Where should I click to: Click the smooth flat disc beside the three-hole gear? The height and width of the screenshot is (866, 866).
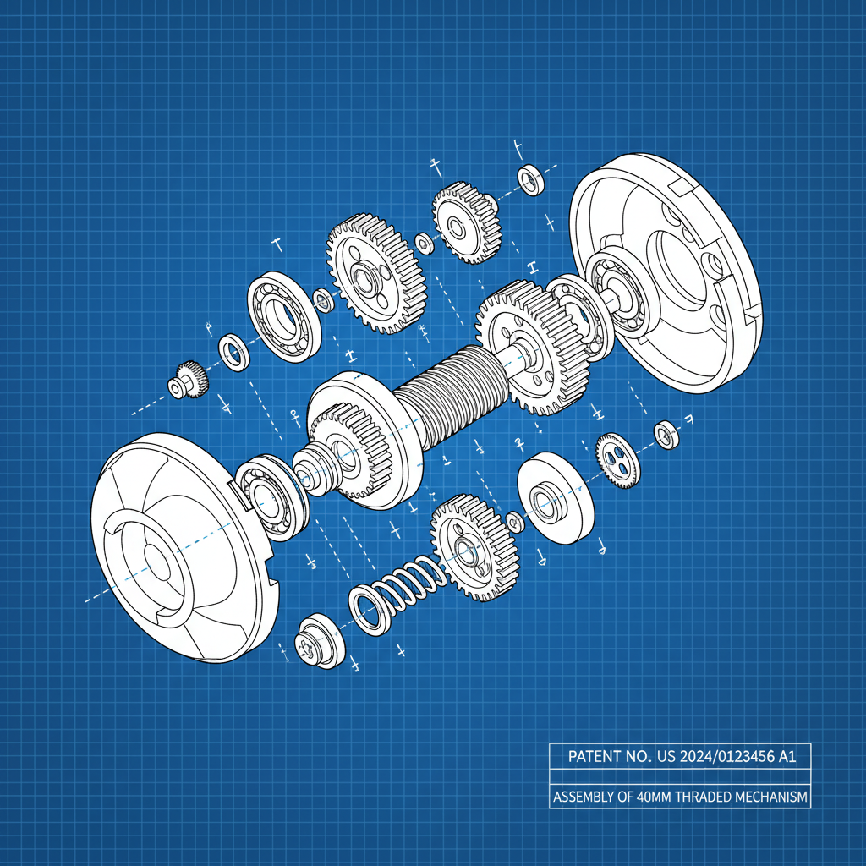[554, 498]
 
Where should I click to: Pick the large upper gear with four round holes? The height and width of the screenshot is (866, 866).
[375, 274]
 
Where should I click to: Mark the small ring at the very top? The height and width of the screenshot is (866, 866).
[531, 179]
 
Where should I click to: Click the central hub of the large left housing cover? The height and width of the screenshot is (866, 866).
[156, 558]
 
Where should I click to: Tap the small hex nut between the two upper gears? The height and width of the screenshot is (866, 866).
[422, 243]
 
